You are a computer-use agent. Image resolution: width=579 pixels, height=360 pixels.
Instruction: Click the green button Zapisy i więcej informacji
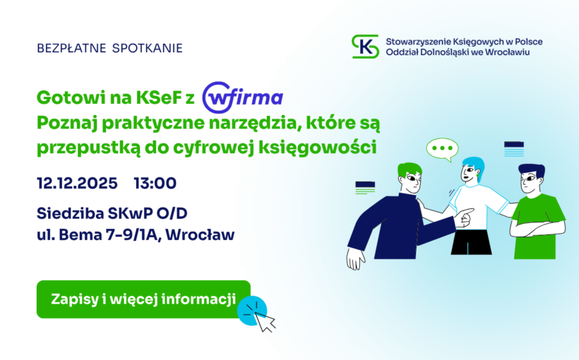[143, 299]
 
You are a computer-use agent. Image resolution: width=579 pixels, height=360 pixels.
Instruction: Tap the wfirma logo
[243, 98]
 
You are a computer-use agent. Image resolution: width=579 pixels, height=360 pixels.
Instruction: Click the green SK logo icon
[365, 47]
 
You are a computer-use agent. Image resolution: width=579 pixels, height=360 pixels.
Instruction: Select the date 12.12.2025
[78, 184]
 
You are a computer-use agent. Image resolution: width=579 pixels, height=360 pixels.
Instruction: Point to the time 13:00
[155, 184]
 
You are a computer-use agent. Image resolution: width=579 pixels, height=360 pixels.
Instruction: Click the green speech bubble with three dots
[443, 149]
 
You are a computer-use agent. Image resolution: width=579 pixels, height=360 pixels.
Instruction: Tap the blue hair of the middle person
[472, 164]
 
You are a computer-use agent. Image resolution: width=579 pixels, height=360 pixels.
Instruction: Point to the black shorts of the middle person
[471, 241]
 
